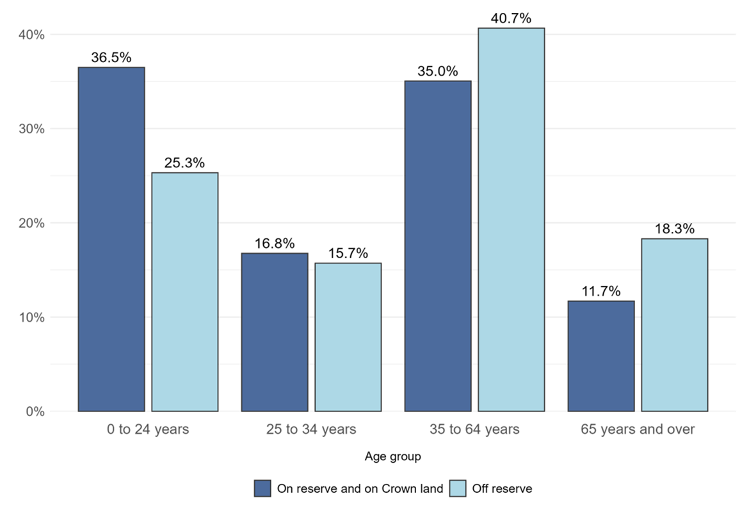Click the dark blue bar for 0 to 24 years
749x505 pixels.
[111, 239]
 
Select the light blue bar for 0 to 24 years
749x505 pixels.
[185, 292]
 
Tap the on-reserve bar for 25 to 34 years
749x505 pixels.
[275, 332]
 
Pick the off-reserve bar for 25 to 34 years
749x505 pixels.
[348, 337]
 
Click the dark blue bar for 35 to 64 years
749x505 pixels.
[438, 246]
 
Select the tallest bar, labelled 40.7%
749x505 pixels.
[511, 220]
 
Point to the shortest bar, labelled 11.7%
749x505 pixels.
[601, 356]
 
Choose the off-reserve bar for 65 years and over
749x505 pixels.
[675, 325]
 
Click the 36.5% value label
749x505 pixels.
[111, 58]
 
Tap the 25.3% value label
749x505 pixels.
[185, 163]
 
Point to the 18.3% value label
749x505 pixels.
[675, 229]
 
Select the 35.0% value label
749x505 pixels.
[438, 71]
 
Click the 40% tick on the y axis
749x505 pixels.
[31, 35]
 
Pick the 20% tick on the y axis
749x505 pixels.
[31, 223]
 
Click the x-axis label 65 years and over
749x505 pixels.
[638, 429]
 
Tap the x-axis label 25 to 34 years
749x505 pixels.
[311, 429]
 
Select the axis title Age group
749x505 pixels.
[393, 457]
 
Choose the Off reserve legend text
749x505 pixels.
[502, 488]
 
